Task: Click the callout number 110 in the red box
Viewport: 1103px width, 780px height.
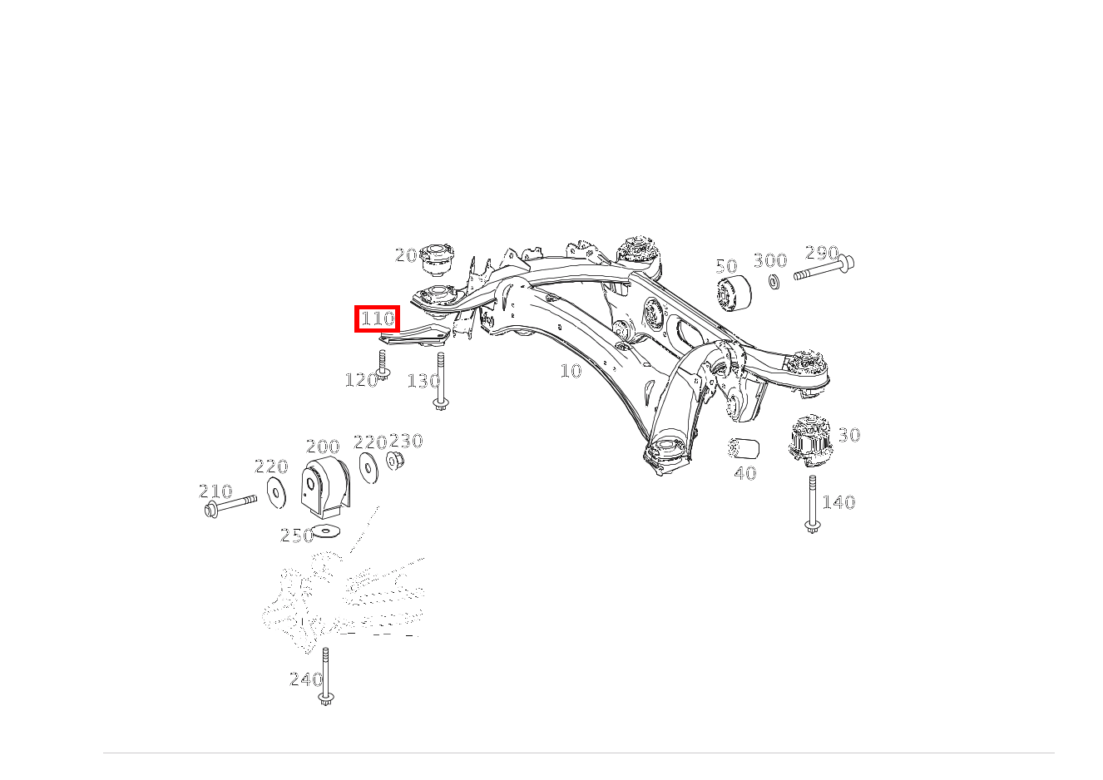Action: [377, 318]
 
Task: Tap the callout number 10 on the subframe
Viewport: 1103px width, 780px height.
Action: [571, 371]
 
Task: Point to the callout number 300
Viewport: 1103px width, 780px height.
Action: [770, 259]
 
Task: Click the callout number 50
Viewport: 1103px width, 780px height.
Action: [726, 266]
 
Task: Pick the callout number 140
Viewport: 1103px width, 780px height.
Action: [838, 502]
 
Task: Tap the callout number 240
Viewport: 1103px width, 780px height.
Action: [306, 679]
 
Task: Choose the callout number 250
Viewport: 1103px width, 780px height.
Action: [296, 536]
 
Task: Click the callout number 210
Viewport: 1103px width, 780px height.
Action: [215, 491]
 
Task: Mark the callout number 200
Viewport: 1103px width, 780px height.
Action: [323, 447]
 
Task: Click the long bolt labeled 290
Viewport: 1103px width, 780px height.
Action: [824, 269]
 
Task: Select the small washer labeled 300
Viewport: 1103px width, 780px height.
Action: [774, 282]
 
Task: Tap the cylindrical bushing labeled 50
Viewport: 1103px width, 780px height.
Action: [734, 294]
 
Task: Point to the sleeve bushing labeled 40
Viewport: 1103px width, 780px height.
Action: [744, 448]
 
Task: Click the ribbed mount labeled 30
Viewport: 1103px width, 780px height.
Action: [810, 441]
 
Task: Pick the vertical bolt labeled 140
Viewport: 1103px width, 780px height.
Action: [812, 505]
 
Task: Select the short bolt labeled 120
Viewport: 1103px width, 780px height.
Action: [383, 365]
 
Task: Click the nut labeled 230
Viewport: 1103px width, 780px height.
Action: [395, 461]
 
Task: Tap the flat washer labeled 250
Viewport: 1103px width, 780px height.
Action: [326, 531]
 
